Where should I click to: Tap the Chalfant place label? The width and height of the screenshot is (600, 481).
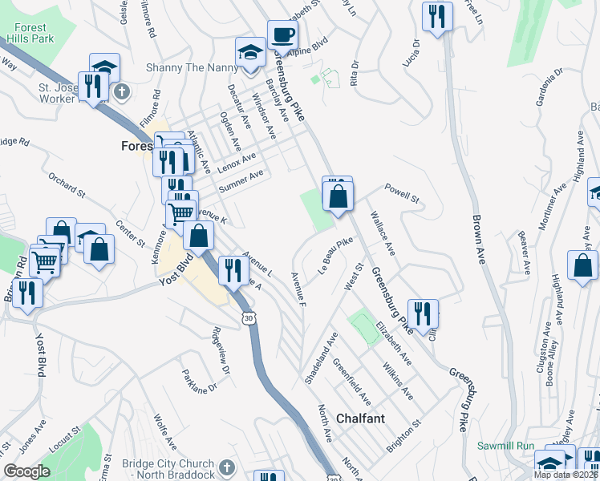pyautogui.click(x=360, y=418)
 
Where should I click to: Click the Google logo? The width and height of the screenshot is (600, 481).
pyautogui.click(x=26, y=471)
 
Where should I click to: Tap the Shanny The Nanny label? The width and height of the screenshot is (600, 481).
pyautogui.click(x=189, y=67)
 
